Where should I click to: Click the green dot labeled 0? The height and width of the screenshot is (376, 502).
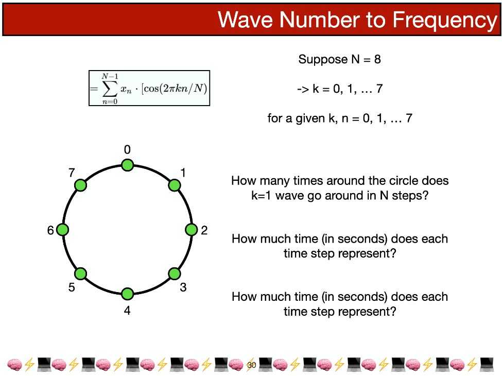[x=127, y=165]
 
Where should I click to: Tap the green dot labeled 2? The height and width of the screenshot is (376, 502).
[x=192, y=230]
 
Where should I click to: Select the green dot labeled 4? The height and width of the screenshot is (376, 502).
[x=127, y=294]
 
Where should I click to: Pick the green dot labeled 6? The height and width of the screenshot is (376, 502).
[x=62, y=230]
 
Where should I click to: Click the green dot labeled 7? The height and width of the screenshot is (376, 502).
[x=80, y=185]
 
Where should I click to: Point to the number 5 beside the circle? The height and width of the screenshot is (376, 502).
[x=72, y=287]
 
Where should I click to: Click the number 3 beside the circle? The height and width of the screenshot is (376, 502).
[x=183, y=287]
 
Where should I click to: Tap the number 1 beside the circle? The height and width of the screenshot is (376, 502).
[x=183, y=173]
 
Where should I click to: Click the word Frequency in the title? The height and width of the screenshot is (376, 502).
[x=445, y=20]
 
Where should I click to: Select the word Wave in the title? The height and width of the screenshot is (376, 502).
[x=245, y=20]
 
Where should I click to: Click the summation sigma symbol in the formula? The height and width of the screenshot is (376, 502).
[x=110, y=89]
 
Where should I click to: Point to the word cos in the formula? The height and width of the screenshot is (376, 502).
[x=151, y=88]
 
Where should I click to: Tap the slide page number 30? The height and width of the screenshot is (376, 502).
[x=252, y=365]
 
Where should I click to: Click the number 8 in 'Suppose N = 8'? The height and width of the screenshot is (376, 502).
[x=377, y=59]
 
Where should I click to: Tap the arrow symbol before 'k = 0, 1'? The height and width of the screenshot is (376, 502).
[x=303, y=89]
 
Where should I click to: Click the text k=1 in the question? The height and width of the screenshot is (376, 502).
[x=262, y=195]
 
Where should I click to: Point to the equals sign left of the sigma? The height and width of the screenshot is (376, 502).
[x=94, y=89]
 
